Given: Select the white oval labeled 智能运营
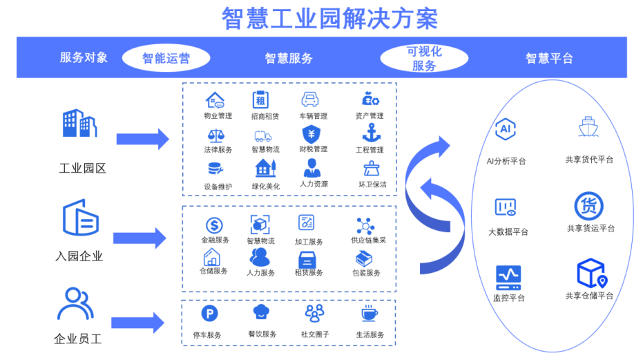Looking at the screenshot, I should click(166, 58).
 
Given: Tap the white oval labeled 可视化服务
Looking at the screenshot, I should click(423, 58).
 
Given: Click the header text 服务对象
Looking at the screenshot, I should click(84, 57).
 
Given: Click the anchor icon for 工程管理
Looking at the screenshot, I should click(372, 132).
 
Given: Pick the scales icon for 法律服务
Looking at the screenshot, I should click(215, 134).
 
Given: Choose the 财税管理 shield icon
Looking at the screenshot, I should click(311, 133).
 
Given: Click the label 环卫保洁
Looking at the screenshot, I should click(372, 184).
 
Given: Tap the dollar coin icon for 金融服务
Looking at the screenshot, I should click(214, 225).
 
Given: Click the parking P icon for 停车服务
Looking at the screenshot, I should click(209, 314).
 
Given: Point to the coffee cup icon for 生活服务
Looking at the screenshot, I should click(370, 314).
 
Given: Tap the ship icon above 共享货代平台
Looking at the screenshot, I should click(588, 129).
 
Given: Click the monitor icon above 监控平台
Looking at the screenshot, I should click(508, 276).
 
